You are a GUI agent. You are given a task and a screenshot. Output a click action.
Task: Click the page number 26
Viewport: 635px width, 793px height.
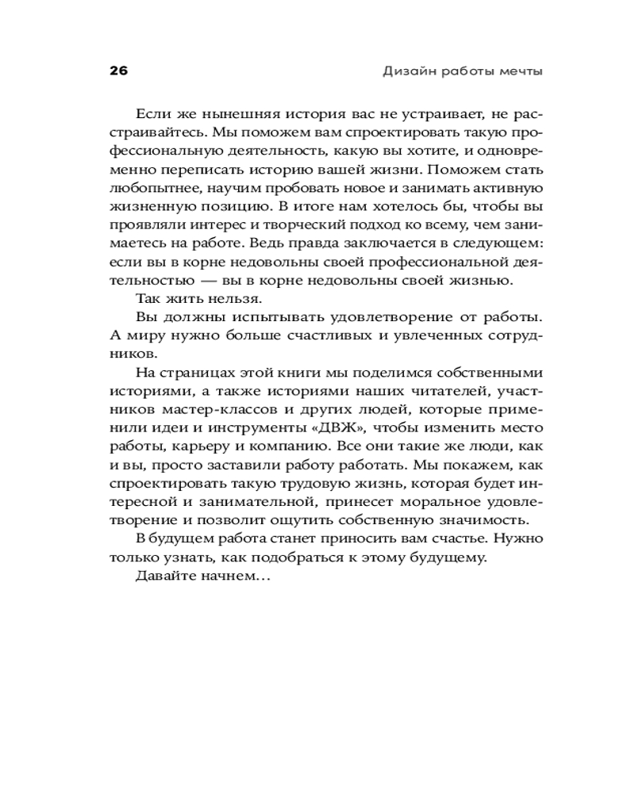[x=118, y=71]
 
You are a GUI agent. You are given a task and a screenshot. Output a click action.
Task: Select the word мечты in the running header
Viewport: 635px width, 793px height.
[x=519, y=71]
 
